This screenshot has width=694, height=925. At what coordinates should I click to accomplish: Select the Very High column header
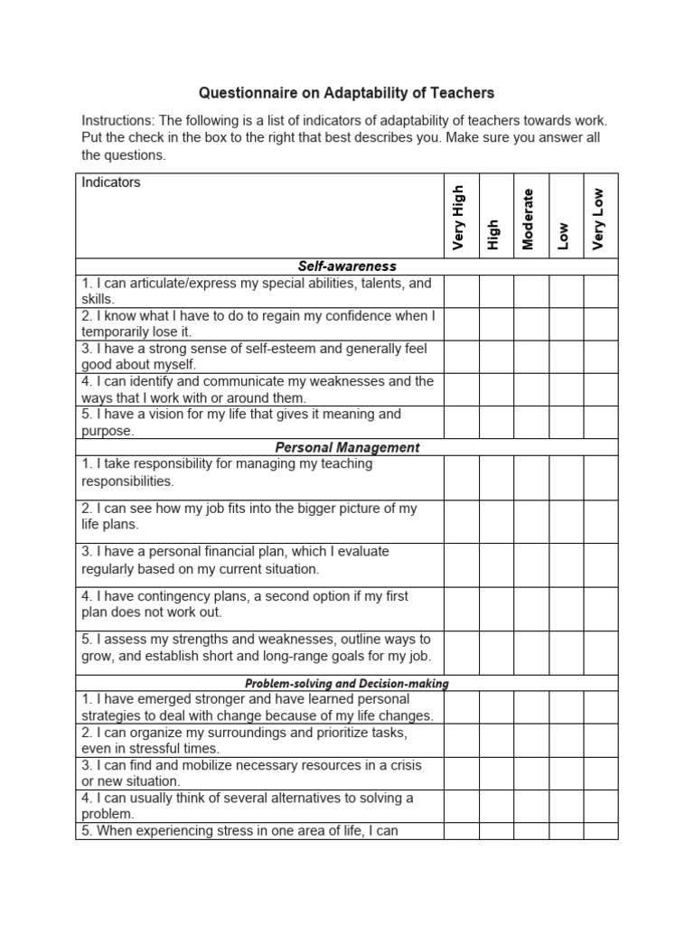click(x=459, y=218)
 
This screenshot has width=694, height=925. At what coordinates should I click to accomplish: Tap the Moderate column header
click(x=529, y=219)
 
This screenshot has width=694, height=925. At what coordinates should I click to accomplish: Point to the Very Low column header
click(x=598, y=219)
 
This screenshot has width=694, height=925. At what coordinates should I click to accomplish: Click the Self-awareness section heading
click(x=347, y=266)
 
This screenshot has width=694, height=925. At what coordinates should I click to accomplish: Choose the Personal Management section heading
click(x=347, y=447)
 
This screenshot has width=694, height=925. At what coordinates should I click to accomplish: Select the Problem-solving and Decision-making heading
click(x=347, y=684)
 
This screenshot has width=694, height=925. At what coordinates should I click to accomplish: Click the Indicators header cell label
click(x=111, y=182)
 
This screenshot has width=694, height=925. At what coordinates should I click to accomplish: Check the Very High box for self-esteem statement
click(x=461, y=357)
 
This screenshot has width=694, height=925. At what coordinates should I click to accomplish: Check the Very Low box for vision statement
click(x=601, y=422)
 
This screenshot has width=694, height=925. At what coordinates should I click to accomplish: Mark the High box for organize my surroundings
click(x=496, y=741)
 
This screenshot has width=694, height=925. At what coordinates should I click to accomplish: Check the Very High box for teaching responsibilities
click(x=461, y=472)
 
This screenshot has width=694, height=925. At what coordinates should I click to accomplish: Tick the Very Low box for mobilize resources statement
click(x=601, y=773)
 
